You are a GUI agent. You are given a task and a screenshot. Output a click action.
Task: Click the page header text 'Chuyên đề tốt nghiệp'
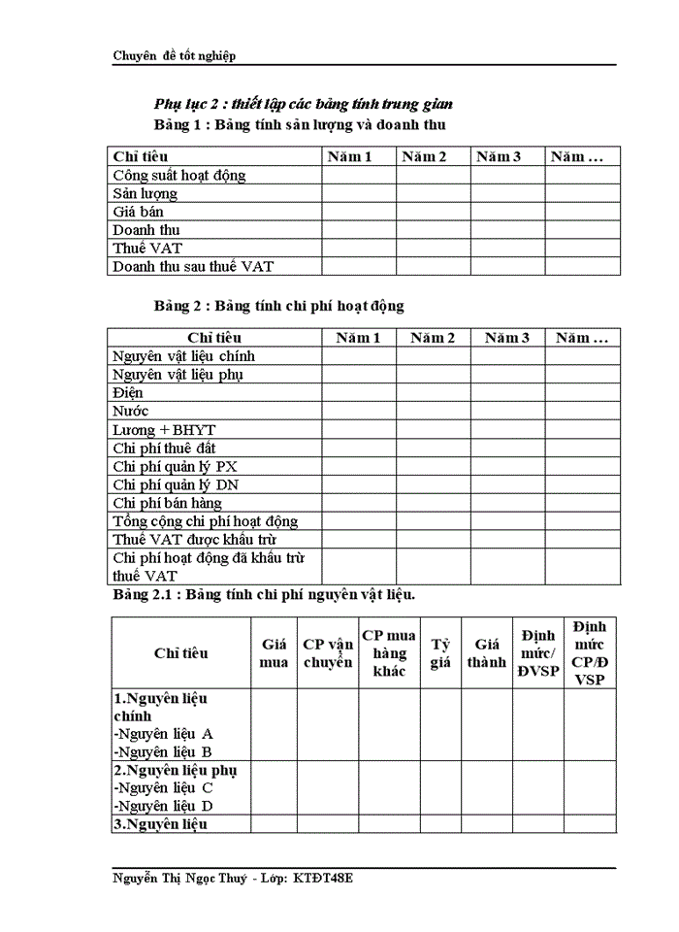(175, 55)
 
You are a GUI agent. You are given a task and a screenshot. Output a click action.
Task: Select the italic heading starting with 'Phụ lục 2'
(304, 104)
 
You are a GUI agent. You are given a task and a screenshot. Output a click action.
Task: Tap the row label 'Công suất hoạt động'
(179, 175)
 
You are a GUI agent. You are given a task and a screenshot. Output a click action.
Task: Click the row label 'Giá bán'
(138, 212)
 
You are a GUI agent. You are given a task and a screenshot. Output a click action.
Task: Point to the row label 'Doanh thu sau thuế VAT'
(201, 266)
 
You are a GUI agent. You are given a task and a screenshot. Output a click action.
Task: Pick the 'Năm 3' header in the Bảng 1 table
(498, 156)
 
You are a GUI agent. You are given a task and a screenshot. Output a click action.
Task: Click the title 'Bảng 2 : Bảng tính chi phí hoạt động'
(278, 306)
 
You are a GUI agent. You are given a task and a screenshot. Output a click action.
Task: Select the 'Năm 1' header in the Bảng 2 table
(359, 338)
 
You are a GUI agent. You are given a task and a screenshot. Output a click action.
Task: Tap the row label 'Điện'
(128, 393)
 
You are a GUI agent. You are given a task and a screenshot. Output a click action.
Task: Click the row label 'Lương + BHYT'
(164, 430)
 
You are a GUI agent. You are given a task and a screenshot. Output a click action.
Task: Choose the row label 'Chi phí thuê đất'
(164, 449)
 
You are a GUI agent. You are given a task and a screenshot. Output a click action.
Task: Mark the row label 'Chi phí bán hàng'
(167, 503)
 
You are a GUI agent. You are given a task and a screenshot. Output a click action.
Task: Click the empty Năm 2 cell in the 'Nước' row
(433, 412)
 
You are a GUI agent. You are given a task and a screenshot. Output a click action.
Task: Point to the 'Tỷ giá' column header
(440, 653)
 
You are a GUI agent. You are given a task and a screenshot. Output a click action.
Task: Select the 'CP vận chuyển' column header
(328, 653)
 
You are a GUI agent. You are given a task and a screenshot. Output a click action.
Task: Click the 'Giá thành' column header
(486, 653)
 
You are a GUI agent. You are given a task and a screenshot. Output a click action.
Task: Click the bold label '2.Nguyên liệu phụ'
(176, 770)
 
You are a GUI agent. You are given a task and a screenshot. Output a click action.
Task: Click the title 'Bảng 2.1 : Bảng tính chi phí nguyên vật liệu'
(265, 594)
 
